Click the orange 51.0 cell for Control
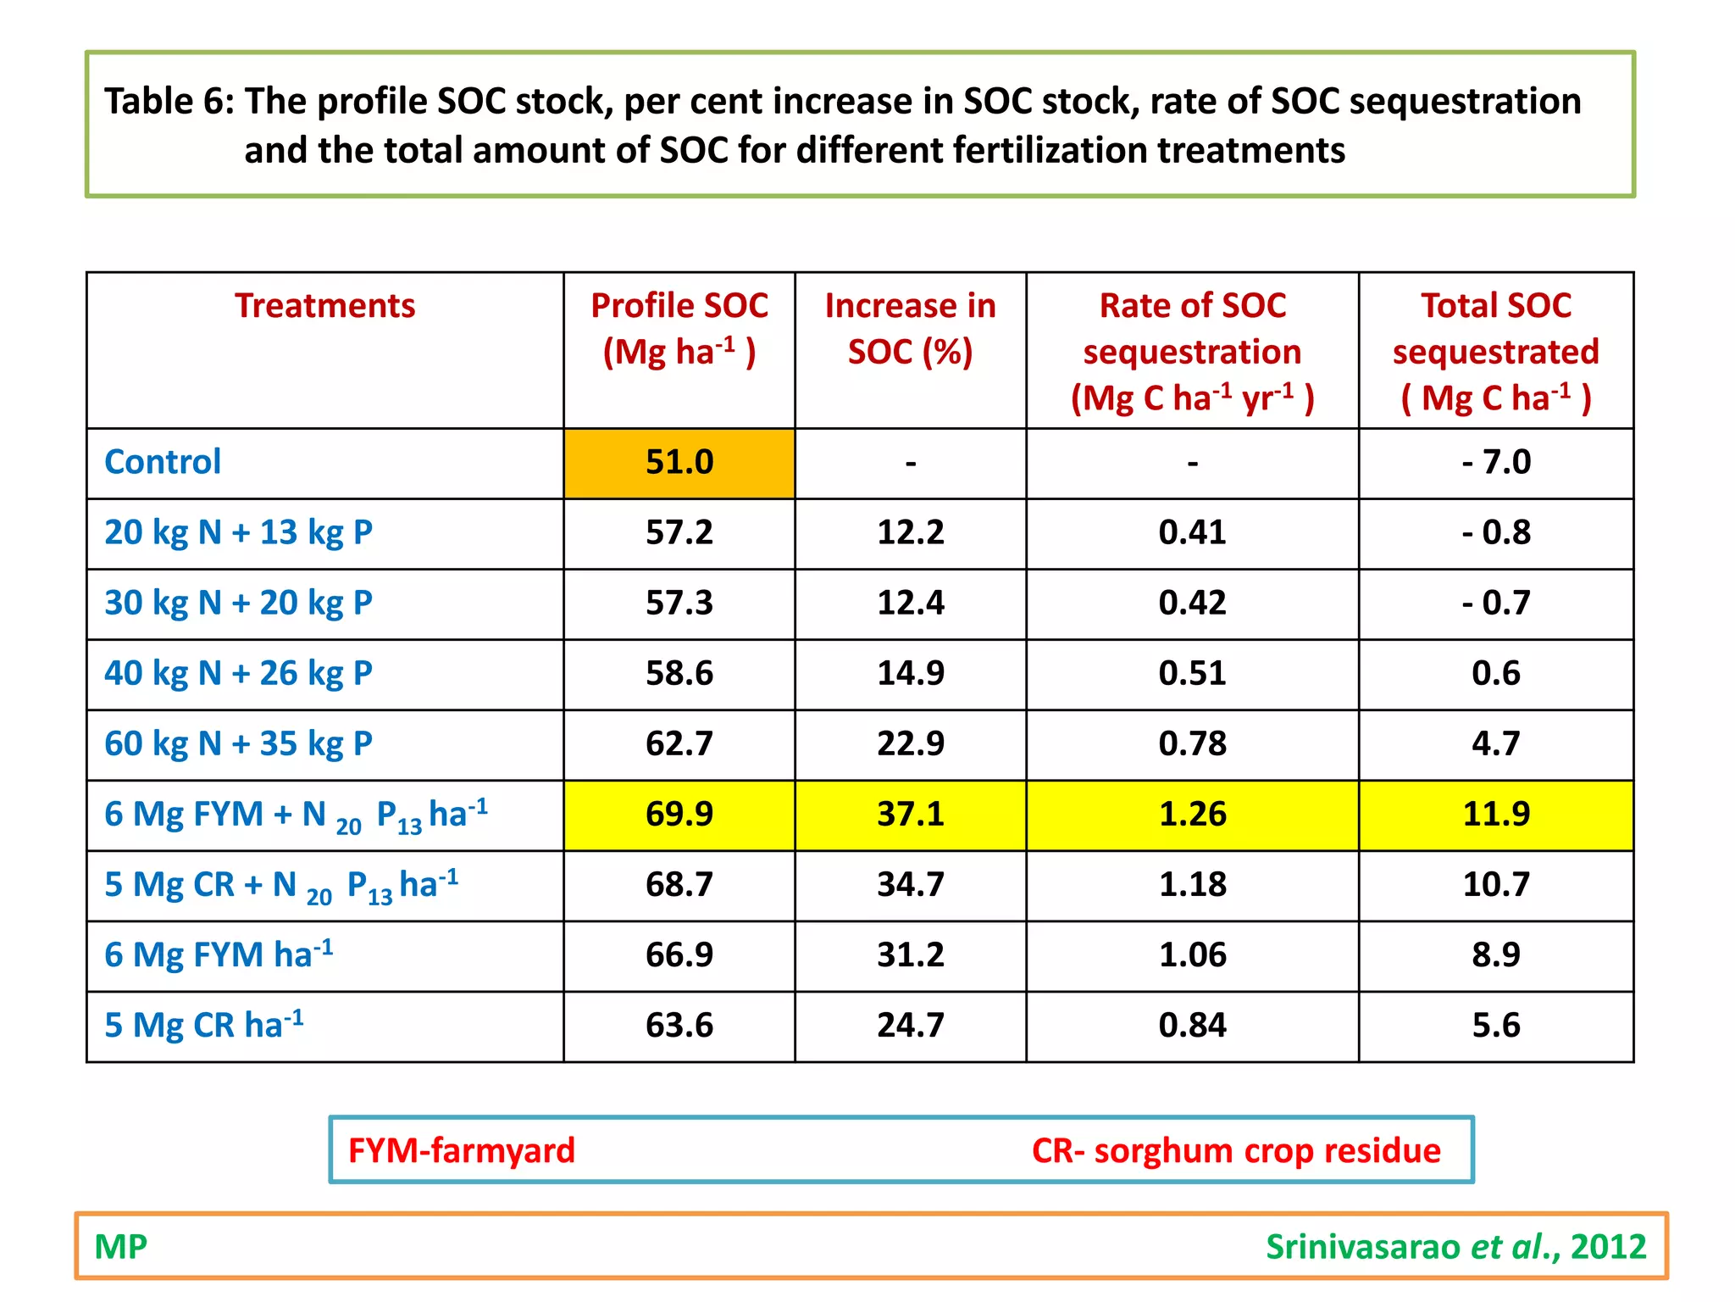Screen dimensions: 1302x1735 coord(679,463)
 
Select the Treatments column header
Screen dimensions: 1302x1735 coord(324,306)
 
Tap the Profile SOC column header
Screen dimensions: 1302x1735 coord(679,329)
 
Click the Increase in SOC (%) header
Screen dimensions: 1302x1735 coord(910,329)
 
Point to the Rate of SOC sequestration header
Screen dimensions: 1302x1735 coord(1192,351)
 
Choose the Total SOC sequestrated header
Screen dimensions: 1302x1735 coord(1495,351)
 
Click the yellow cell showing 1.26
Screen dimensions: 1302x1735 coord(1192,815)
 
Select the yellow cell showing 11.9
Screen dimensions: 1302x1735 coord(1495,815)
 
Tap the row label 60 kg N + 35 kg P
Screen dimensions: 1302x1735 coord(238,744)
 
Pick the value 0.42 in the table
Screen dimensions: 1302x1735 coord(1192,604)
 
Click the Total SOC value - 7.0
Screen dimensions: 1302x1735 coord(1495,463)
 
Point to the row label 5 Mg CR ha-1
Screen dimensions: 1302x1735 coord(203,1026)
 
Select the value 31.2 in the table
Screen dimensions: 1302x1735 coord(910,955)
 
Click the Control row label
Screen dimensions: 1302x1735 coord(162,463)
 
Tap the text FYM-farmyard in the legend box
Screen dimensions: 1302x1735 coord(461,1151)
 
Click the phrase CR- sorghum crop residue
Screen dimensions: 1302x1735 coord(1235,1151)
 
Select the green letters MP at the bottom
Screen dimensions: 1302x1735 coord(120,1247)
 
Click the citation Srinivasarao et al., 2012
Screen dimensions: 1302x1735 coord(1455,1247)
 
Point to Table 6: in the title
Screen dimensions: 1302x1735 coord(169,102)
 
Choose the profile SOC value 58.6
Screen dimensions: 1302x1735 coord(679,674)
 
